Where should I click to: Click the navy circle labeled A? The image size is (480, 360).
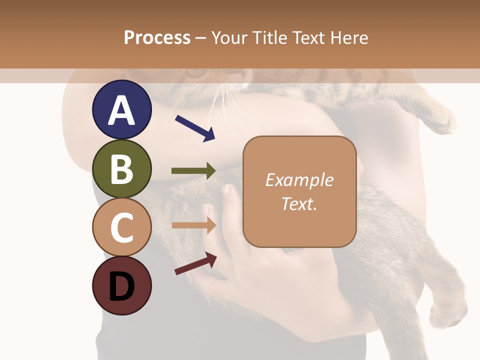point(121,109)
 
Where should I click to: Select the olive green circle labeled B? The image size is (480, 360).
point(121,168)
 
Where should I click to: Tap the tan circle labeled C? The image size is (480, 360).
point(121,227)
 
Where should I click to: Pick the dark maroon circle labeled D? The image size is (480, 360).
point(121,285)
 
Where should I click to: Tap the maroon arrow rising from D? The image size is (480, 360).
point(195,263)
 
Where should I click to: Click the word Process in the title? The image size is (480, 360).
point(157,37)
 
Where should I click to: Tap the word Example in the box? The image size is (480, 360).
point(299,180)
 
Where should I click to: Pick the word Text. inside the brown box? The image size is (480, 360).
point(299,203)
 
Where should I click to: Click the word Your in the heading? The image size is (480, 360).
point(229,37)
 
